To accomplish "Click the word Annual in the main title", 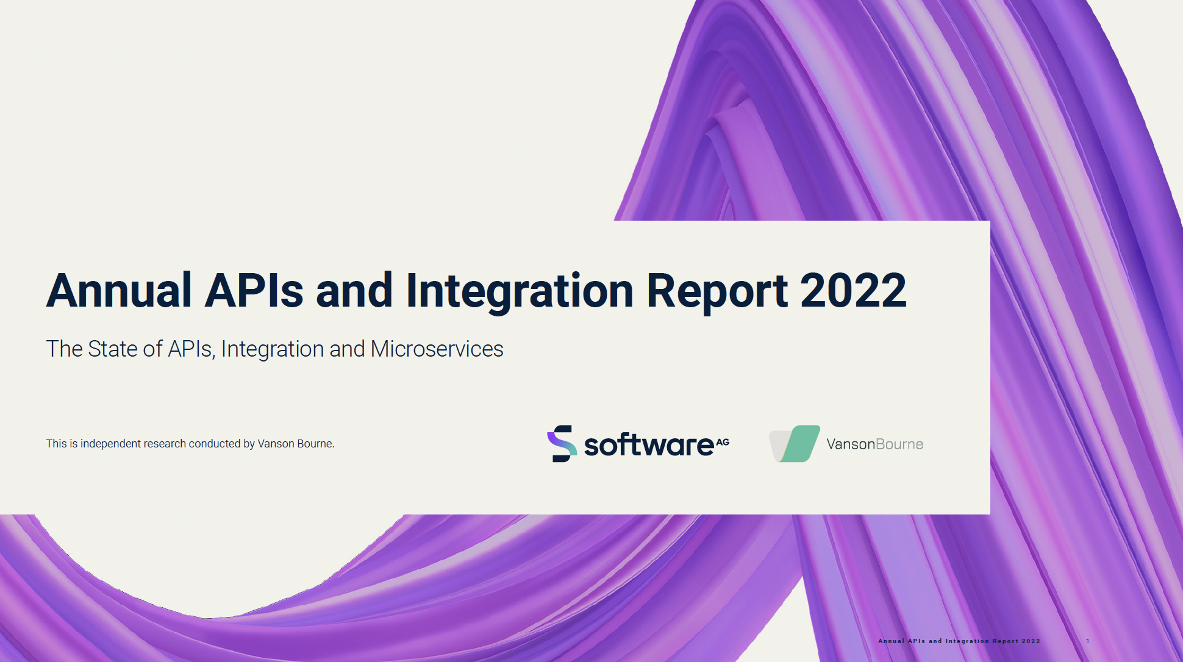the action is [120, 290].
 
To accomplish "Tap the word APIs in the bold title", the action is [254, 290].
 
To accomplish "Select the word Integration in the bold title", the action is [520, 293].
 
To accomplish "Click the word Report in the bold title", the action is [717, 293].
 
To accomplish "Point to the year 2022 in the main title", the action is [853, 290].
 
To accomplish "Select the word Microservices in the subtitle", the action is [437, 349].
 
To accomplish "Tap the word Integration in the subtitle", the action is [273, 350].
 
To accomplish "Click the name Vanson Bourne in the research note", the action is [295, 444].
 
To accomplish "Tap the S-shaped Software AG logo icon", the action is [562, 444].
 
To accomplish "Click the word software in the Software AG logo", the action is [649, 445].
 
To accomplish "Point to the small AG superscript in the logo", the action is [723, 442].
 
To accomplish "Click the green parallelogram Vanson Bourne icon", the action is [799, 444].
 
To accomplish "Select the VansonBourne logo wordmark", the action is [875, 444].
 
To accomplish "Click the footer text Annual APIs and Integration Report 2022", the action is [959, 641].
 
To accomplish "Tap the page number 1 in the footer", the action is [1088, 641].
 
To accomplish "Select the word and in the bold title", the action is [354, 290].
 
